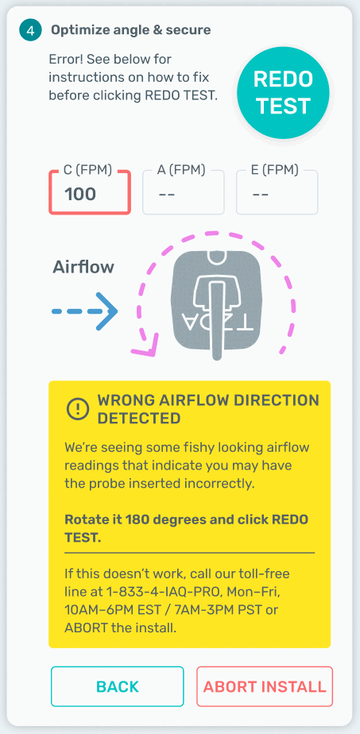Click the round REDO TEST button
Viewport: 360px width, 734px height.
tap(283, 93)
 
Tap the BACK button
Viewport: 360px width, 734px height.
tap(118, 686)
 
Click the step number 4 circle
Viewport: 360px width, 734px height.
tap(29, 31)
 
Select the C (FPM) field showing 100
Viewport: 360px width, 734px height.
tap(90, 192)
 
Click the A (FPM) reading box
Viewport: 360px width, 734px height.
tap(183, 192)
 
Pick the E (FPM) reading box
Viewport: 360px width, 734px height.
tap(277, 192)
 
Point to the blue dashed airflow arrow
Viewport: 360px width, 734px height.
tap(84, 311)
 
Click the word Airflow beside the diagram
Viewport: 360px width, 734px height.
tap(83, 267)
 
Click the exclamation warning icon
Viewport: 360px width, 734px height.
tap(78, 409)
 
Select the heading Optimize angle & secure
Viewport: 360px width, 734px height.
tap(131, 30)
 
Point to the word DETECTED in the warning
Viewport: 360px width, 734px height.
tap(138, 418)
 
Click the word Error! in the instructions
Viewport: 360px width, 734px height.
tap(68, 60)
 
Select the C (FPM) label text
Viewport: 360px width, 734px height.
tap(87, 170)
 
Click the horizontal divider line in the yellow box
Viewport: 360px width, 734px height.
tap(189, 553)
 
